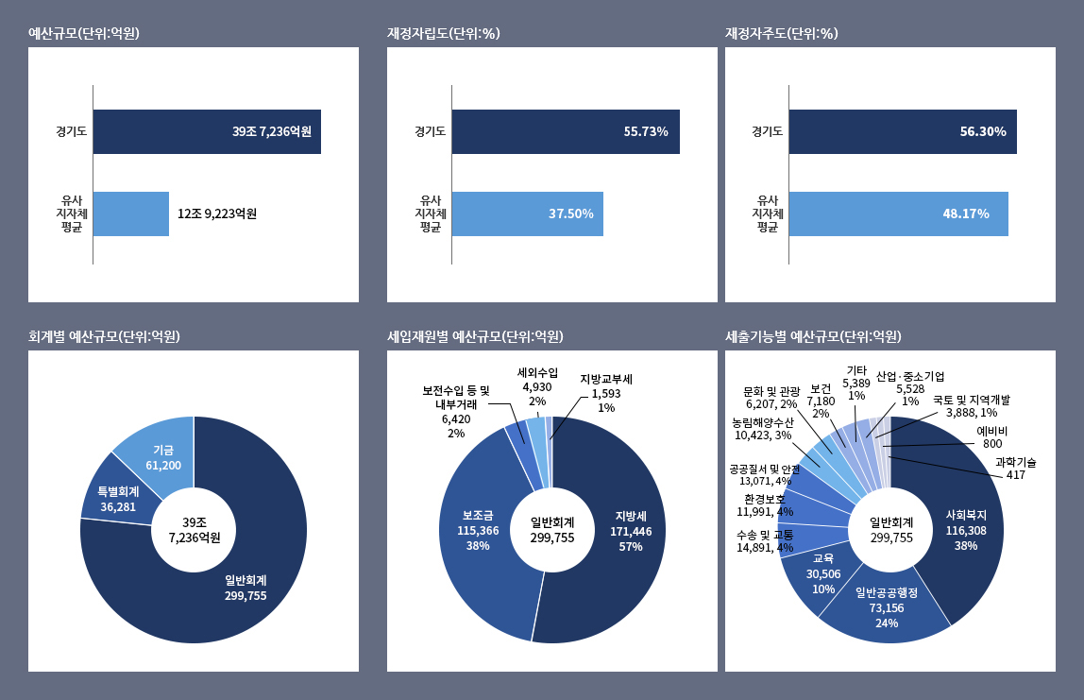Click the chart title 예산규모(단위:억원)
click(x=84, y=34)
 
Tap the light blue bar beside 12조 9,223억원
click(x=130, y=213)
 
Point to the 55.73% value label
click(x=646, y=131)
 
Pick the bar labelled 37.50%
click(x=527, y=213)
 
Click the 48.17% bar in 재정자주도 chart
click(x=897, y=213)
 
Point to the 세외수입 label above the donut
click(x=537, y=371)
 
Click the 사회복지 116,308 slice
click(x=966, y=529)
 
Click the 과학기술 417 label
click(x=1016, y=468)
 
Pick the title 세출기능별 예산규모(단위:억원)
click(x=813, y=337)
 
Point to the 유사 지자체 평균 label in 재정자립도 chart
click(x=431, y=213)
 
